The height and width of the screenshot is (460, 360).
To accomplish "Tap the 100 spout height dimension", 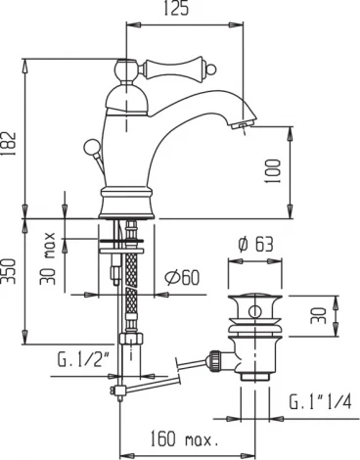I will pos(273,171).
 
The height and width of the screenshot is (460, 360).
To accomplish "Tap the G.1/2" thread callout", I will pos(83,370).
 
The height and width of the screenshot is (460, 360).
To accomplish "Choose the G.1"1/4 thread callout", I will pos(319,402).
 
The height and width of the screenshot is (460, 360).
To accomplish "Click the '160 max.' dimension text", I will pos(185,438).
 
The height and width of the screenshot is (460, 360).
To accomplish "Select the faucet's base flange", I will pos(128,207).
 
